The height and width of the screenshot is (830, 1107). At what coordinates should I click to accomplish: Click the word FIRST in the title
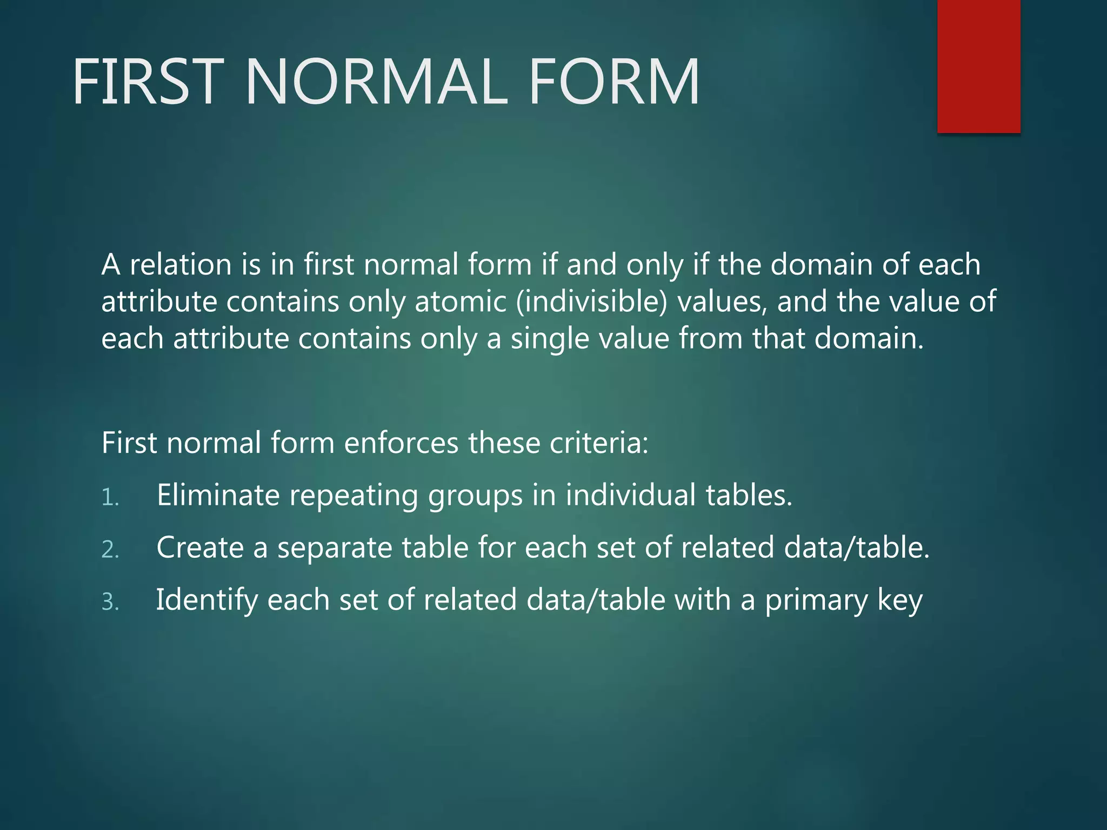tap(148, 82)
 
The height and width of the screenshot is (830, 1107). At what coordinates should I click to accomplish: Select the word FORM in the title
tap(613, 82)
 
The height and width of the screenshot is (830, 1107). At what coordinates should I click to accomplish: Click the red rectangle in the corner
tap(978, 66)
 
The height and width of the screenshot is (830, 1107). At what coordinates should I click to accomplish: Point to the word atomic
tap(461, 302)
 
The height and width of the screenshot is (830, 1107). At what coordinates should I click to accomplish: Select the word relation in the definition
tap(181, 265)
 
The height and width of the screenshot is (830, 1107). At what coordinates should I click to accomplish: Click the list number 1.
tap(110, 498)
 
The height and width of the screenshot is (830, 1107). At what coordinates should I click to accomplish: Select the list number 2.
tap(110, 550)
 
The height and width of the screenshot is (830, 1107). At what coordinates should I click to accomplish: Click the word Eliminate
tap(218, 495)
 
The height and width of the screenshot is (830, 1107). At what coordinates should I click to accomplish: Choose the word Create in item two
tap(200, 547)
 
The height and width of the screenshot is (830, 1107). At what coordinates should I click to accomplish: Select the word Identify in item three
tap(207, 600)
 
